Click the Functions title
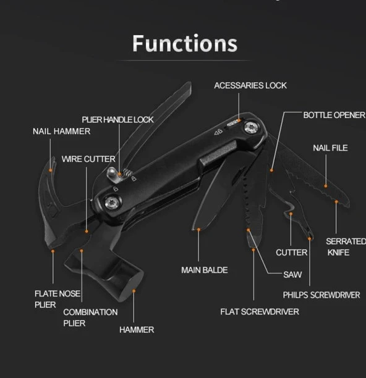point(184,44)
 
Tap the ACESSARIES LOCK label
point(250,85)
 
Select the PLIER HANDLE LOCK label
point(117,119)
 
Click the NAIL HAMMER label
point(61,131)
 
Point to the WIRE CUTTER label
point(88,159)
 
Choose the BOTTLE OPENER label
point(334,115)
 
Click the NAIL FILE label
point(330,148)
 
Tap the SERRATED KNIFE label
point(345,246)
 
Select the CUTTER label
point(291,253)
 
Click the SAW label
point(292,274)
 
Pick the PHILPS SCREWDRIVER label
point(321,295)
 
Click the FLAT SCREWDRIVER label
point(259,311)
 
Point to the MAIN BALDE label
point(204,270)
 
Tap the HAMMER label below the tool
point(136,330)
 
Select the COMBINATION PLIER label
point(90,317)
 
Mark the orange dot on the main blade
point(198,229)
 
